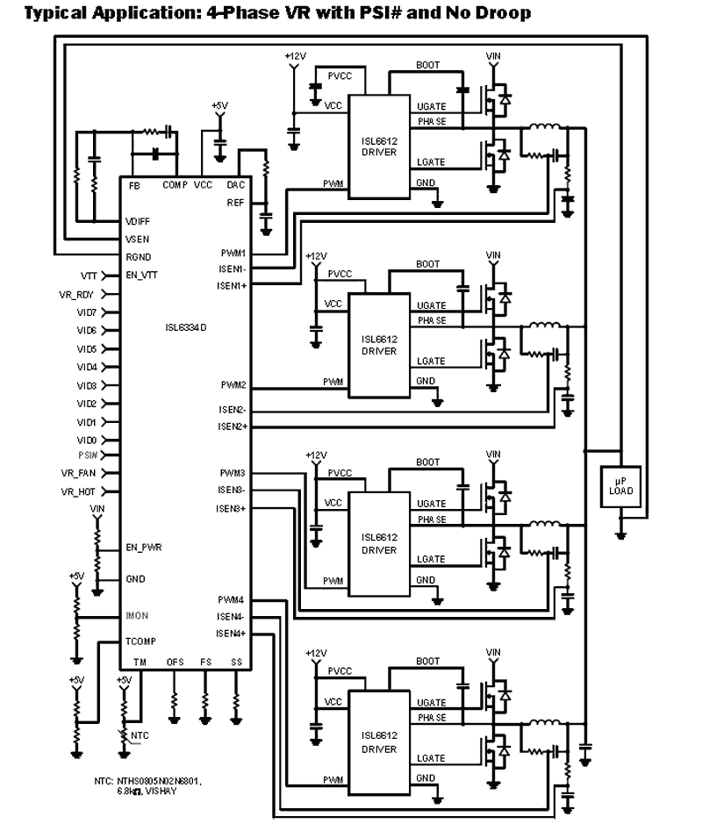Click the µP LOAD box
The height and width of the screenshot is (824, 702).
point(620,484)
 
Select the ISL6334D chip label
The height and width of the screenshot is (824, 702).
point(185,328)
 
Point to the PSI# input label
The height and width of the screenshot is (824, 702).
point(86,455)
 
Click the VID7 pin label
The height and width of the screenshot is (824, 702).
point(86,312)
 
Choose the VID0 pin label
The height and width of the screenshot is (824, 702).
point(86,440)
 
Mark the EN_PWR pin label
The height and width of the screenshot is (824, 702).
point(144,548)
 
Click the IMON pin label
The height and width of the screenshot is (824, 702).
point(137,616)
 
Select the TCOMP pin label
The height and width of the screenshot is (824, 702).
point(140,642)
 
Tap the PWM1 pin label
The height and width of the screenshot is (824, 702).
point(233,253)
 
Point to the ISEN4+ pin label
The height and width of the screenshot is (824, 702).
point(232,633)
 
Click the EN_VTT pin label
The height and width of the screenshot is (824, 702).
point(142,275)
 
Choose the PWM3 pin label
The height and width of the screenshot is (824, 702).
point(233,473)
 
